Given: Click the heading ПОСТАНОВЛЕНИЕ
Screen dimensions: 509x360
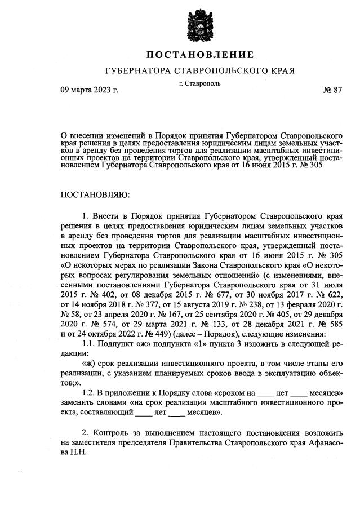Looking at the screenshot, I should (200, 55).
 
